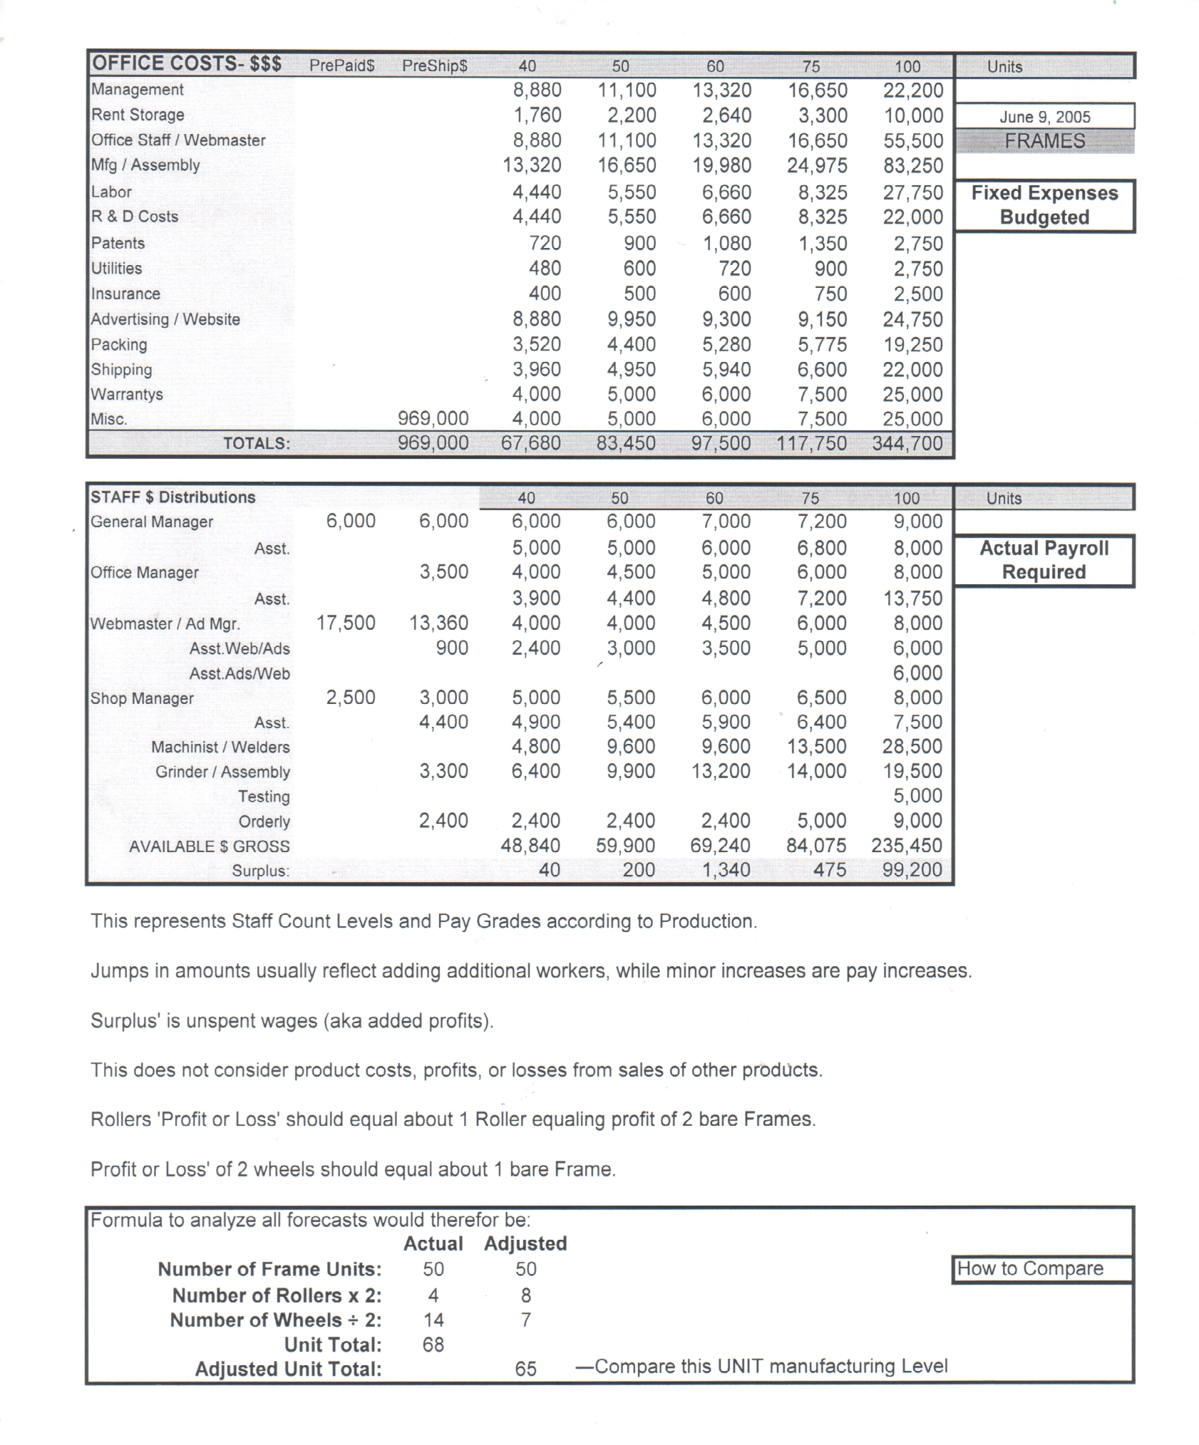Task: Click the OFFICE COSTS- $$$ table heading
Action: (186, 64)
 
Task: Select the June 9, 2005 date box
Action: (1044, 117)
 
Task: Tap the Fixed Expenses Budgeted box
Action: (1044, 205)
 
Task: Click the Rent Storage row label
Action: (138, 115)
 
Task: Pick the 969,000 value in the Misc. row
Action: (433, 418)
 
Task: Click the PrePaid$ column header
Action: (341, 66)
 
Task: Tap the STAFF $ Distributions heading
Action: (173, 497)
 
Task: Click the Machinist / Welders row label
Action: (220, 747)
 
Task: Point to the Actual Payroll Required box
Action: (1044, 560)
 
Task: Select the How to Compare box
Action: (1042, 1269)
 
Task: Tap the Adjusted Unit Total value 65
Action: (525, 1369)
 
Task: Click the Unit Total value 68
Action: (433, 1345)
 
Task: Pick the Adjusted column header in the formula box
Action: (525, 1244)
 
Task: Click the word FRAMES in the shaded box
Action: (1044, 141)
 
